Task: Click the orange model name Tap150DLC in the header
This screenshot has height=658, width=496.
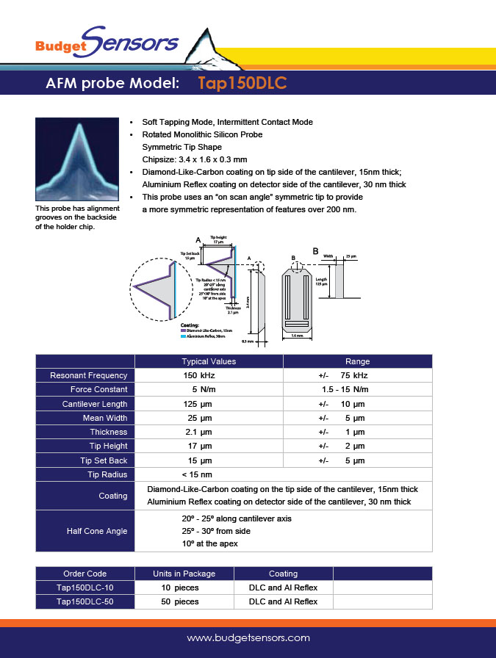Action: tap(242, 84)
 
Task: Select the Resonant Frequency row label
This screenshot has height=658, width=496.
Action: tap(88, 375)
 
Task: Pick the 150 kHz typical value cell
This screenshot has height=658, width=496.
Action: tap(199, 375)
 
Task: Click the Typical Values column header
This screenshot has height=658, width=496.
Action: tap(209, 361)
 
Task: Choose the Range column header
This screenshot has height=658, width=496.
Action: tap(357, 361)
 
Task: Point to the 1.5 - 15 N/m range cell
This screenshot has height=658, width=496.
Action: tap(345, 389)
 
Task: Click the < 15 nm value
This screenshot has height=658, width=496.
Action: tap(197, 474)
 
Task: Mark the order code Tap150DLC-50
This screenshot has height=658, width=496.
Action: tap(85, 601)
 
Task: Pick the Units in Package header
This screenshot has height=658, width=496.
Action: tap(184, 574)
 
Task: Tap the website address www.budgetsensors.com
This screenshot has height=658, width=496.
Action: tap(248, 638)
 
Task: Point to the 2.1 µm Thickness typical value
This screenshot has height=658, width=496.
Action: tap(198, 432)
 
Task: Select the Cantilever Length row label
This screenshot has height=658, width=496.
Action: tap(95, 404)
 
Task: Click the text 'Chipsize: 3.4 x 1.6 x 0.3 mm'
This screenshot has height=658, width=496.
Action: tap(194, 159)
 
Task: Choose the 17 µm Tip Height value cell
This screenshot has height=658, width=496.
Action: tap(198, 446)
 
